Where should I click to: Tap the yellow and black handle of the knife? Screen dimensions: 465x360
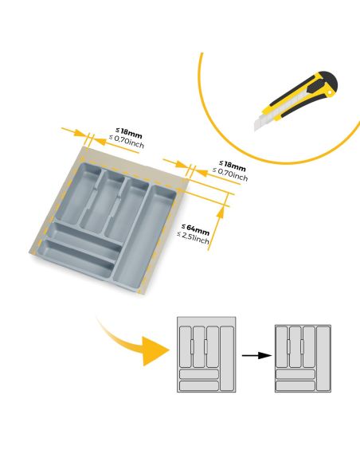pos(306,92)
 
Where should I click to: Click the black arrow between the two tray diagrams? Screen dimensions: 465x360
pos(252,355)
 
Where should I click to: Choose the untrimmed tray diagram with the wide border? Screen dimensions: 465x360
pos(206,355)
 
